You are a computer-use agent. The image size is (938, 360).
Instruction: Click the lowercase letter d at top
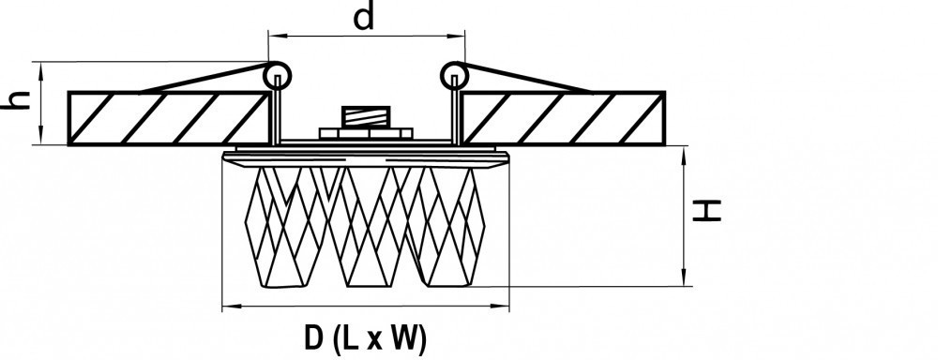[x=364, y=17]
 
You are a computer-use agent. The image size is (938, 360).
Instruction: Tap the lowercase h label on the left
[x=16, y=99]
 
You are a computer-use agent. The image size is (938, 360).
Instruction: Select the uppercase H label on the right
[x=706, y=211]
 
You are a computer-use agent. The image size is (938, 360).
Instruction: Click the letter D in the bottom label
[x=314, y=338]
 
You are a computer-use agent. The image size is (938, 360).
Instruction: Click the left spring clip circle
[x=278, y=76]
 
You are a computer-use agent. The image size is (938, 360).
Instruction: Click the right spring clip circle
[x=455, y=76]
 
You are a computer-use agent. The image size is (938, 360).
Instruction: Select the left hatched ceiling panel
[x=169, y=118]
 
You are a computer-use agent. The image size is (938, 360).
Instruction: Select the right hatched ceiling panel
[x=564, y=118]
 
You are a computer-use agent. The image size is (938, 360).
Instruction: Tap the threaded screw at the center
[x=366, y=116]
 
